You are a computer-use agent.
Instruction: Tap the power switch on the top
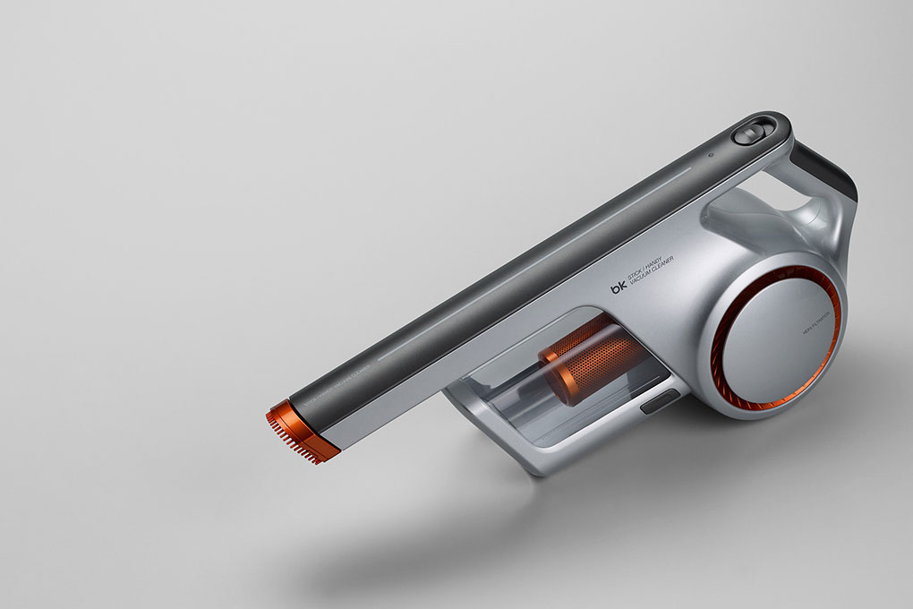coord(747,135)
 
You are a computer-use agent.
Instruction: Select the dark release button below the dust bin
coord(660,402)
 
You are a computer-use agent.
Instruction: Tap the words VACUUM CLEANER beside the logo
coord(657,273)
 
